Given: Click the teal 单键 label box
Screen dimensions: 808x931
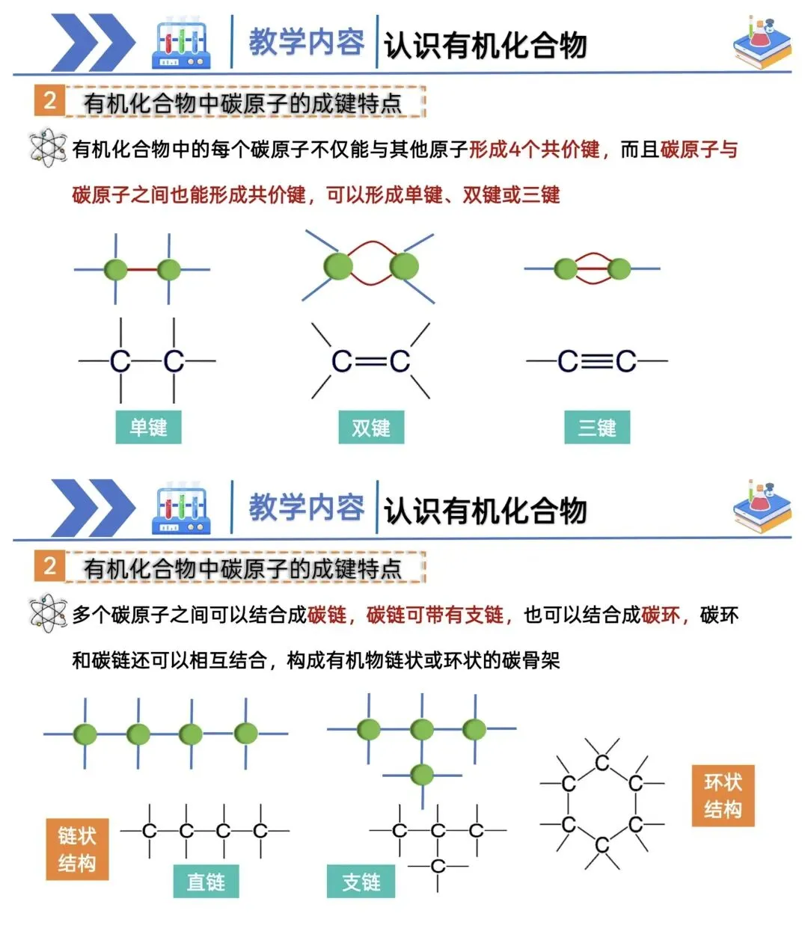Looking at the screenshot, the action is pos(148,428).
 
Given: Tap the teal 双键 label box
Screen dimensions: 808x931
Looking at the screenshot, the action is pos(371,428).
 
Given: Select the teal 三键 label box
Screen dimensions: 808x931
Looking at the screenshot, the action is pos(597,428).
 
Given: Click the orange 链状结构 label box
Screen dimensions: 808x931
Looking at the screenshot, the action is pos(77,849).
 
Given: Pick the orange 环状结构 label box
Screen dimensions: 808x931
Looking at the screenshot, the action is pos(723,796).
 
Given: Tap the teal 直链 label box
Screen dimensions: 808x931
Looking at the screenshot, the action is pos(206,882).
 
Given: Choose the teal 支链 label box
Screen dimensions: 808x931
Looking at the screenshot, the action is pos(361,882).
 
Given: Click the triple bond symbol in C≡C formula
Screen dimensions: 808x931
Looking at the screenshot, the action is pos(596,362).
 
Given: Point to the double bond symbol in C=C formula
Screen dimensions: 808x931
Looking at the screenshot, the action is pos(371,362).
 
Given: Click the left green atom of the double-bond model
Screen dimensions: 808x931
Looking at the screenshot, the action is pos(338,266).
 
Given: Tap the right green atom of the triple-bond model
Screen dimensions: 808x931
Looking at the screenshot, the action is pos(619,268).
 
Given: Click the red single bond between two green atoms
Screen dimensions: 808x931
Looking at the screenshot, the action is pos(142,269).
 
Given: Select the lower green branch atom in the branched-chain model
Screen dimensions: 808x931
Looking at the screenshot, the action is pos(422,775).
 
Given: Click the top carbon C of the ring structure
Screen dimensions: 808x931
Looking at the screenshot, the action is pos(602,763).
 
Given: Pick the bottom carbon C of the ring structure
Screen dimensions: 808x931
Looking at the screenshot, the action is pos(602,845).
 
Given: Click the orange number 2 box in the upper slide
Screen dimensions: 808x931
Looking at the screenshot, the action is pos(49,100).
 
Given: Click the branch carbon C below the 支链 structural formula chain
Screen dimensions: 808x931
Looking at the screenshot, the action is pos(438,866).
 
